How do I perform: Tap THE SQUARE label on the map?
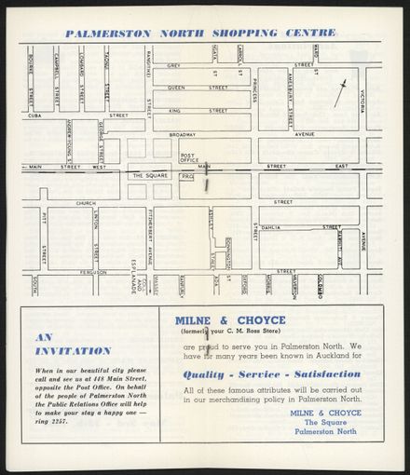tap(149, 175)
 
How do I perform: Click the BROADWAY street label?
tap(184, 134)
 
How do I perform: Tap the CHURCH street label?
tap(86, 202)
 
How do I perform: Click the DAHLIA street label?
tap(271, 226)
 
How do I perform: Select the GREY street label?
tap(173, 65)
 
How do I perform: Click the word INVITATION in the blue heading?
tap(73, 351)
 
